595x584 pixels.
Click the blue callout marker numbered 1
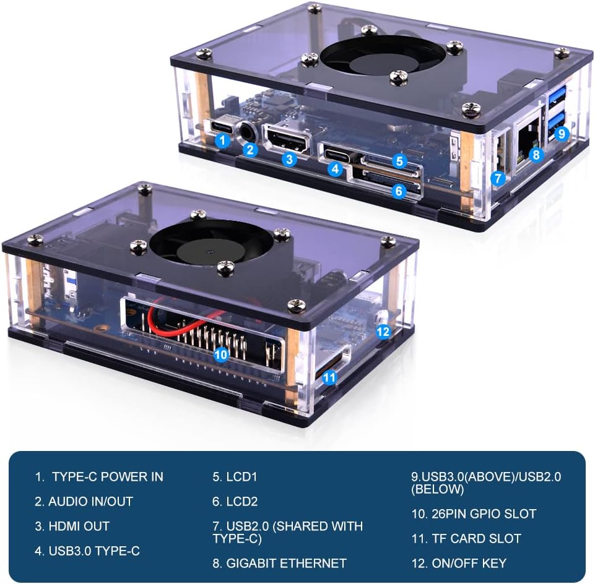click(x=224, y=140)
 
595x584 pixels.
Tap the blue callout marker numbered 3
click(x=289, y=159)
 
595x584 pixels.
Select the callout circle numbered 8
click(x=536, y=155)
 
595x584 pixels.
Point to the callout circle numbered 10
click(x=221, y=354)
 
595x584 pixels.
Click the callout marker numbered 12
click(x=383, y=332)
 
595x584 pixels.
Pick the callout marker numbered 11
click(x=330, y=376)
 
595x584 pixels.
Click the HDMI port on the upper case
click(x=286, y=138)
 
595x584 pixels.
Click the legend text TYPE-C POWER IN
click(x=99, y=476)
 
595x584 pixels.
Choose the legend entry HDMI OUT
click(x=72, y=526)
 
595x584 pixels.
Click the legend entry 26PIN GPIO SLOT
click(x=474, y=513)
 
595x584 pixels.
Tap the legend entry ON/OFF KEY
click(x=459, y=563)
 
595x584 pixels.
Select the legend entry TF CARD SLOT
click(x=466, y=538)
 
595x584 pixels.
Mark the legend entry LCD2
click(x=235, y=501)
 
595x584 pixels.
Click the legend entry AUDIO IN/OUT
click(x=84, y=501)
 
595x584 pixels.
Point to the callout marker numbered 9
click(x=561, y=132)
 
